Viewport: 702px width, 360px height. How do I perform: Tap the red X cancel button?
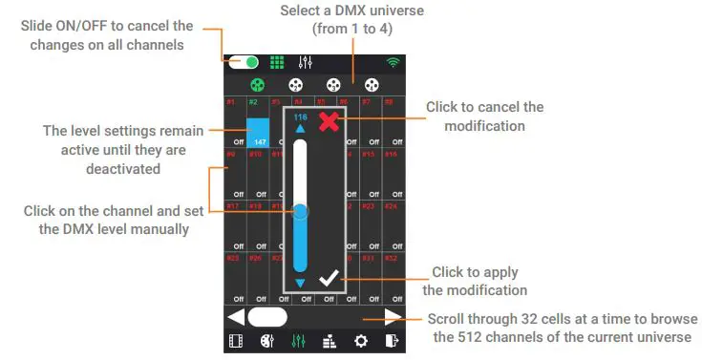(329, 121)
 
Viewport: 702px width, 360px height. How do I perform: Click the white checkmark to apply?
(329, 279)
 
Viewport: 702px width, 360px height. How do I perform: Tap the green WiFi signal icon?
(393, 63)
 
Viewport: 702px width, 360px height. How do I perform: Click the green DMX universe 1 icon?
(257, 85)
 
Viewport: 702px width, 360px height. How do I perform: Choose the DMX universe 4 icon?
(371, 85)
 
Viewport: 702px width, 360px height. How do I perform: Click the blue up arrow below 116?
(301, 129)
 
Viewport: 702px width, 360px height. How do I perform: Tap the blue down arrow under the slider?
(301, 284)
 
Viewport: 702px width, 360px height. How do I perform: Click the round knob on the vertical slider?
(300, 212)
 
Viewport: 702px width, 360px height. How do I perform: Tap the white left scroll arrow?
(236, 316)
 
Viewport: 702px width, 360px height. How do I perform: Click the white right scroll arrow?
(392, 316)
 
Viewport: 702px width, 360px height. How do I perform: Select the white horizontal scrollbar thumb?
(267, 316)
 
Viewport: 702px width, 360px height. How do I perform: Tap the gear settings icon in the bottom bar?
(360, 341)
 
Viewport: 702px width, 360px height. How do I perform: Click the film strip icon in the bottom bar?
(236, 341)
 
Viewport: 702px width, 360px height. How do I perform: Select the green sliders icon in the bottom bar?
(298, 341)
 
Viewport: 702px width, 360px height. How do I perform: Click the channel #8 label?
(389, 101)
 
